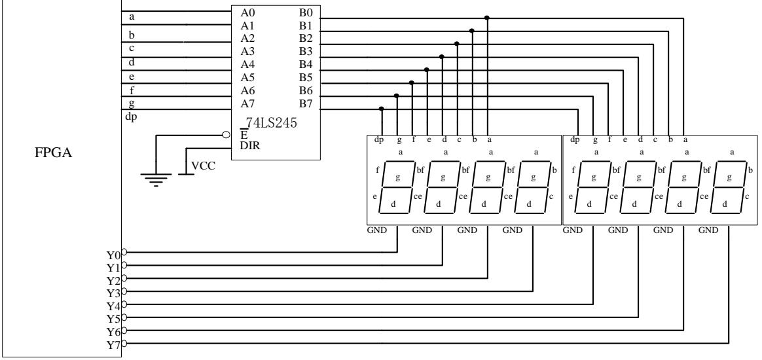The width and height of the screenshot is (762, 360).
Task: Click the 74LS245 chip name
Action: point(270,122)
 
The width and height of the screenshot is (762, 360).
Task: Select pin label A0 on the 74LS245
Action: point(249,12)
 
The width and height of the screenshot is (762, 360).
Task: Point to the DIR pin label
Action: point(250,147)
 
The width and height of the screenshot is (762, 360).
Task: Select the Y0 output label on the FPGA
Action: point(113,253)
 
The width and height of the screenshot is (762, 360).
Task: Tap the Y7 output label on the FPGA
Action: point(113,344)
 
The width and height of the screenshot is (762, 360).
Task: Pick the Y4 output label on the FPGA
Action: point(113,306)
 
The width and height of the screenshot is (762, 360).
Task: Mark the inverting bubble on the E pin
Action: point(227,135)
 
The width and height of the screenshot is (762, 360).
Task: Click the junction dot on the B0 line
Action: point(486,18)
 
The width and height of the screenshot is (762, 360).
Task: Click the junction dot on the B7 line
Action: point(382,108)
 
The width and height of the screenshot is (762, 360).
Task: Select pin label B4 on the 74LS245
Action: point(306,64)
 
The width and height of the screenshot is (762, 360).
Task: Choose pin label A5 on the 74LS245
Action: point(249,77)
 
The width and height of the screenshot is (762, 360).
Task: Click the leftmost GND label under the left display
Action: point(378,230)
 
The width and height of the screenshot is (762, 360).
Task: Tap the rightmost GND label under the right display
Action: point(708,230)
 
